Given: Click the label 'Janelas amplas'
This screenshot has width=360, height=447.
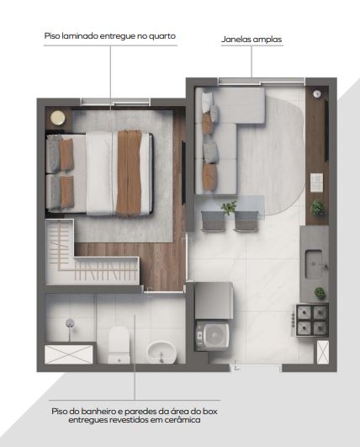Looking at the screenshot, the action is coord(251,40).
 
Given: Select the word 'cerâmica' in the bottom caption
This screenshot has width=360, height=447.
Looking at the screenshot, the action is coord(182,420).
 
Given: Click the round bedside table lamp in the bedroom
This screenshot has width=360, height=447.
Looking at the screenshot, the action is coord(58,118).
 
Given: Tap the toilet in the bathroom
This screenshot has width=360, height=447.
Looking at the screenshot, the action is coord(119,345).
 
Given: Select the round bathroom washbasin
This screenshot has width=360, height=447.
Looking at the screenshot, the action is coord(161,353).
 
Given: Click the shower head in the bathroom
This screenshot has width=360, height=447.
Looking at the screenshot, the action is coord(70,323).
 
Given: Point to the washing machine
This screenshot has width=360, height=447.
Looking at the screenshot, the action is coord(213,336).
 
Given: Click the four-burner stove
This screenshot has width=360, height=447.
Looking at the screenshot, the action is coord(311,320).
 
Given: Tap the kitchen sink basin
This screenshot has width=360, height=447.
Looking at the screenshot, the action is coord(314,264).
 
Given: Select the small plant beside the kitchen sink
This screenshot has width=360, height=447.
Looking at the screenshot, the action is coord(320,293).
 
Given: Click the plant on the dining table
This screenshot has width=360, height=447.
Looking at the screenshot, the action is coord(229,208).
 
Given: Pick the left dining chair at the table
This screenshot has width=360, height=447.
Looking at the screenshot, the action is coord(213,221).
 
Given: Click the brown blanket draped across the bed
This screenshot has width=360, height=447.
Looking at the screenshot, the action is coord(129,173).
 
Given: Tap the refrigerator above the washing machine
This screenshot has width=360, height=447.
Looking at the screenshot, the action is coord(214,301).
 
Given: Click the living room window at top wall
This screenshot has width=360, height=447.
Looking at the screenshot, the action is coord(262,82).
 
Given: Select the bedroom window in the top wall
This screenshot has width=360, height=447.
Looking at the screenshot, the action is coord(115,102).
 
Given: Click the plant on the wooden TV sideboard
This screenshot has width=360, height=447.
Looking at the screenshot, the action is coord(317,208).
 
